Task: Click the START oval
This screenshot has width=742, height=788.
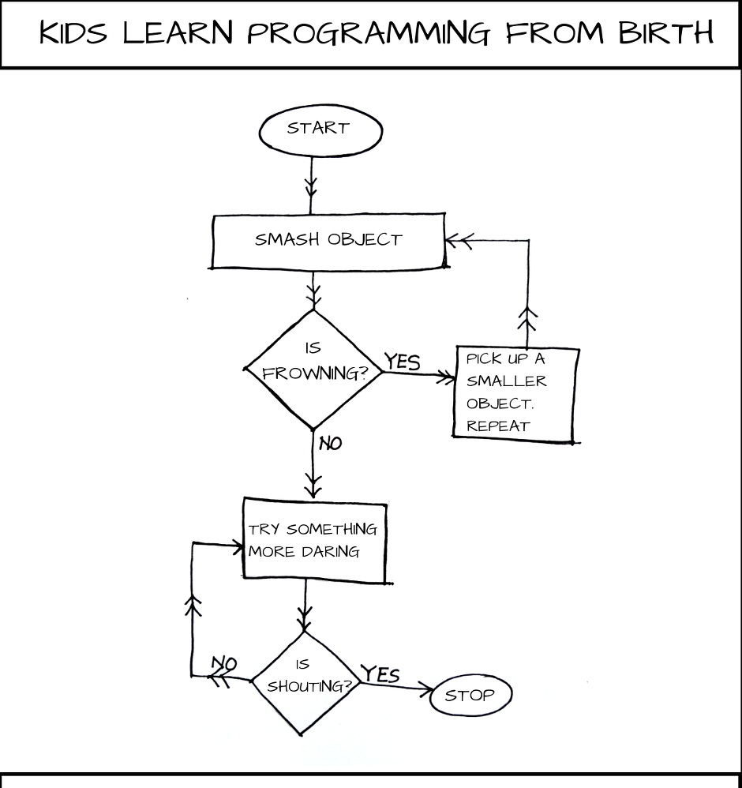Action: click(x=319, y=129)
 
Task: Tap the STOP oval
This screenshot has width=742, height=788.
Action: click(x=470, y=695)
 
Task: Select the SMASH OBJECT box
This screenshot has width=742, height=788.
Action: click(x=328, y=239)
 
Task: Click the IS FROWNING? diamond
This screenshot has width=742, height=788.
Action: click(x=314, y=367)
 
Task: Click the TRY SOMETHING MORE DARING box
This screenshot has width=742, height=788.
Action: click(x=313, y=540)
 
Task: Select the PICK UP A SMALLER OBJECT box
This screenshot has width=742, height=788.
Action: click(x=515, y=392)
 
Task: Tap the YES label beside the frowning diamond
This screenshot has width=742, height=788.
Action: click(x=403, y=362)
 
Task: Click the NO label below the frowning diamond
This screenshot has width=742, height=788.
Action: click(x=331, y=444)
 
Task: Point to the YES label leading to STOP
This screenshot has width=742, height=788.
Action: click(x=380, y=674)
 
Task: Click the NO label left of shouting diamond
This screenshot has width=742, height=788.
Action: click(x=224, y=664)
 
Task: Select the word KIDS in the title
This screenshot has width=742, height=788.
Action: click(x=73, y=34)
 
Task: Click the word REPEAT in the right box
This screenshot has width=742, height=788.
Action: click(x=498, y=426)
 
